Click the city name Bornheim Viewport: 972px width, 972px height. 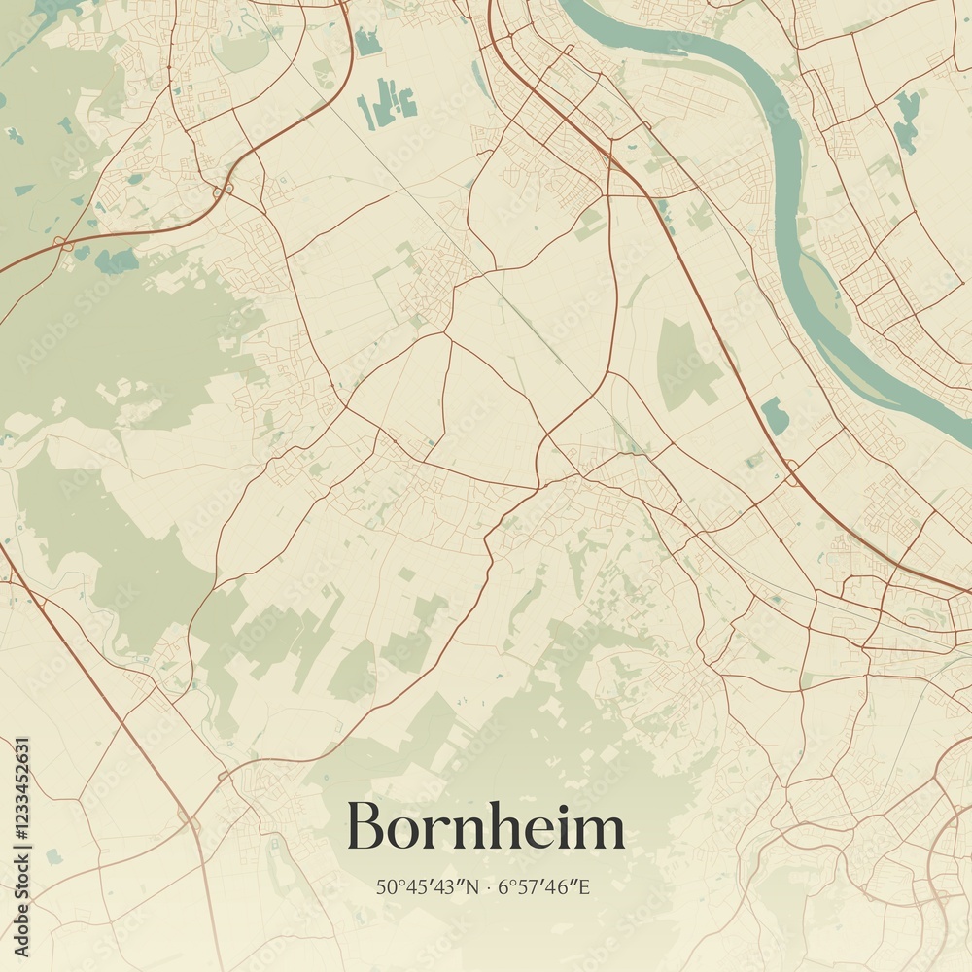(x=486, y=827)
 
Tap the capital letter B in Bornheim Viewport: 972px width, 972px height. (x=366, y=827)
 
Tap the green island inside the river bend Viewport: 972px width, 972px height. (x=822, y=292)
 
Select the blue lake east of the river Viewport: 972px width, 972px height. (x=907, y=121)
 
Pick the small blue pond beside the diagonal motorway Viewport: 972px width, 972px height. (x=775, y=415)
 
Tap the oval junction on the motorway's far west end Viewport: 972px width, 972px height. (x=63, y=242)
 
